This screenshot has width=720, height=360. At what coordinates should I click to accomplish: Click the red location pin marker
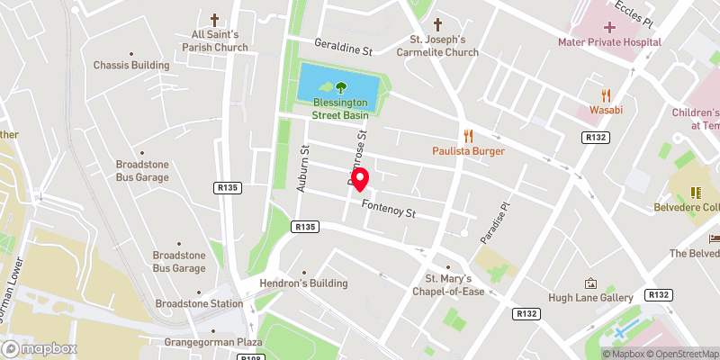(x=361, y=179)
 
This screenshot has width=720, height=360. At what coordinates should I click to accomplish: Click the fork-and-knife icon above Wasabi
(x=606, y=94)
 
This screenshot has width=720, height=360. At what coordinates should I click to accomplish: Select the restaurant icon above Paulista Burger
(x=468, y=136)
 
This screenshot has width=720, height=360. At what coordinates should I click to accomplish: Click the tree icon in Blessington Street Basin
(x=341, y=88)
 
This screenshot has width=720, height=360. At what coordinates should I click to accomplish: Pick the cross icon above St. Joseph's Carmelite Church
(x=438, y=24)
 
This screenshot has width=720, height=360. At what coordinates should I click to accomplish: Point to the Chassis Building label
(x=131, y=66)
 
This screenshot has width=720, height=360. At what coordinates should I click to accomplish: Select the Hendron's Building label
(x=304, y=283)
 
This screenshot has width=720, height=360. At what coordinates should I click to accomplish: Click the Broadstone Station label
(x=199, y=304)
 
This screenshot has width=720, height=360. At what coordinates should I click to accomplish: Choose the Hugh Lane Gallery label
(x=591, y=297)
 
